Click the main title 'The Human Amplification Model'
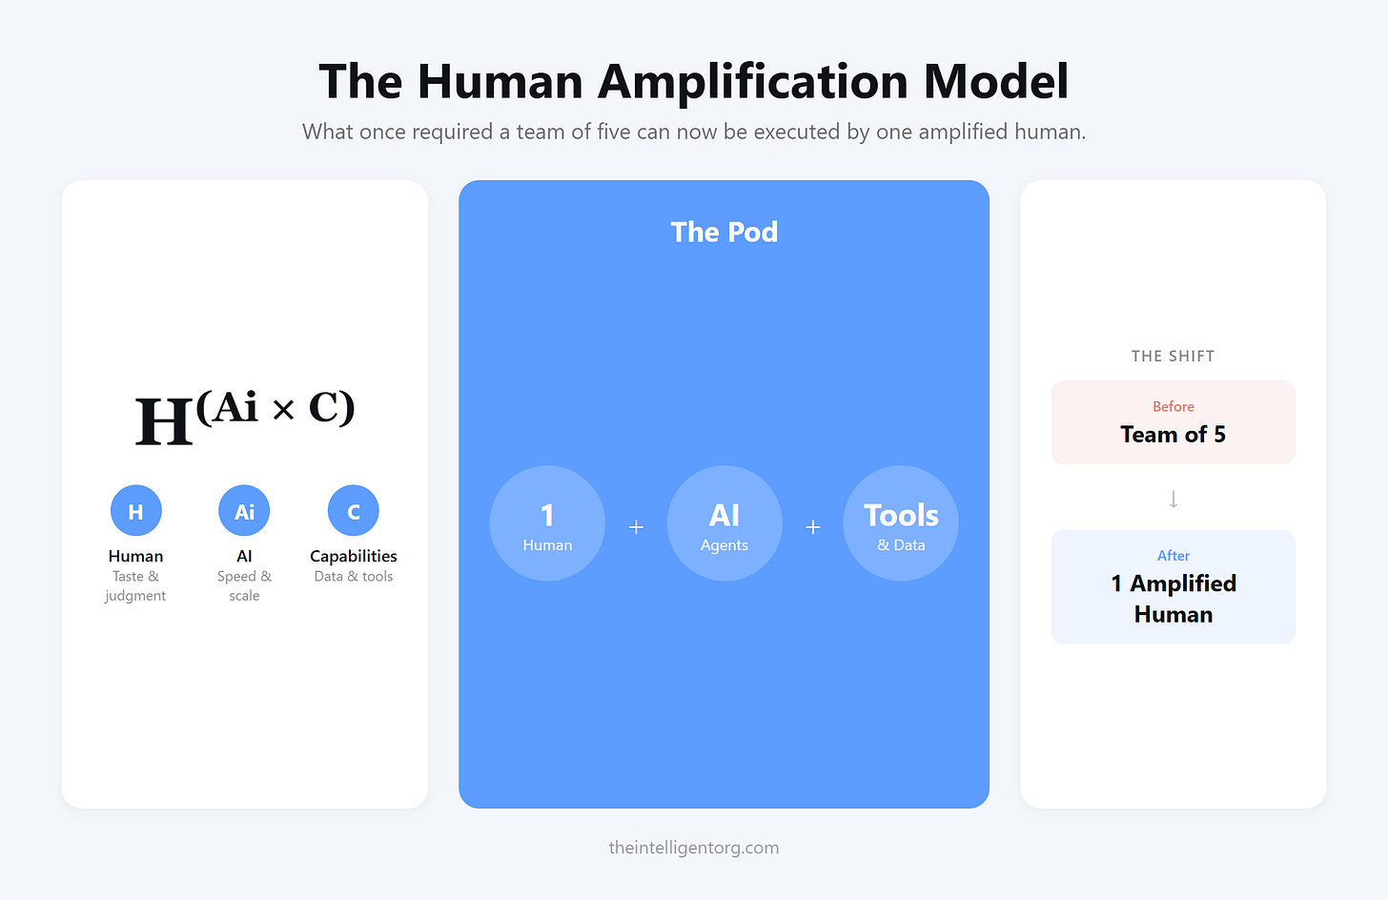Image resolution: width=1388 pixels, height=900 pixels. (x=693, y=81)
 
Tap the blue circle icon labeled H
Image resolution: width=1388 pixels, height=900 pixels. (x=135, y=511)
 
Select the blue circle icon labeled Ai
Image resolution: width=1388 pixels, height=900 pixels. (x=244, y=511)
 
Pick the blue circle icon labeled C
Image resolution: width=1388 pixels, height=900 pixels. (x=353, y=511)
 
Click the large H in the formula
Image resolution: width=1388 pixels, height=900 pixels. (x=163, y=421)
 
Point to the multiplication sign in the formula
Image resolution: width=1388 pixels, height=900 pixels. (x=283, y=410)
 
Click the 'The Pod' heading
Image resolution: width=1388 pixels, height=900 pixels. (x=724, y=232)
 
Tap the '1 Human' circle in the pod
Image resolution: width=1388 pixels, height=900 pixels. (x=547, y=523)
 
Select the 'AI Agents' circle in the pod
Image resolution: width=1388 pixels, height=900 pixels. (x=725, y=523)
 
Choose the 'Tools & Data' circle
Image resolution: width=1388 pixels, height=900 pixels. (x=901, y=523)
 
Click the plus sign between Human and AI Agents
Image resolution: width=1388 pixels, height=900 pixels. (x=636, y=527)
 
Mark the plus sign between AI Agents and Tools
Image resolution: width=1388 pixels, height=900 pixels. (x=813, y=527)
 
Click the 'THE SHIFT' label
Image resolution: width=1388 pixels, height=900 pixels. (x=1173, y=357)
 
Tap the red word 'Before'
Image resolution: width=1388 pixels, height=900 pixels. (x=1173, y=407)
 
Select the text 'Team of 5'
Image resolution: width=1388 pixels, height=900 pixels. (x=1173, y=435)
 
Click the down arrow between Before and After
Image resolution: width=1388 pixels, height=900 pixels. (x=1174, y=499)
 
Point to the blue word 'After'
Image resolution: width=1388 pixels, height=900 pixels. (x=1174, y=556)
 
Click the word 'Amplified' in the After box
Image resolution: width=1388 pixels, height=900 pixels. (x=1183, y=583)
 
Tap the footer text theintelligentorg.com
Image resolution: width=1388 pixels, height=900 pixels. (x=693, y=848)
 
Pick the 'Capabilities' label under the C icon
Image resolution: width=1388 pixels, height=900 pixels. (x=353, y=556)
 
